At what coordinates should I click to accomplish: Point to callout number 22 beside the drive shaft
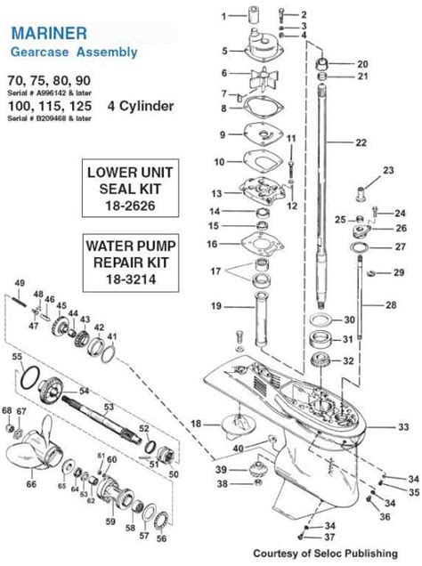360,142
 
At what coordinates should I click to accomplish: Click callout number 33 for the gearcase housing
403,427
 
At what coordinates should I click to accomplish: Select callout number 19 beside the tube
216,306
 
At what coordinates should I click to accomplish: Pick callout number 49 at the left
19,283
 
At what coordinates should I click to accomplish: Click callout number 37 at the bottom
329,538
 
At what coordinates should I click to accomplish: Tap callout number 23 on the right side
387,170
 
